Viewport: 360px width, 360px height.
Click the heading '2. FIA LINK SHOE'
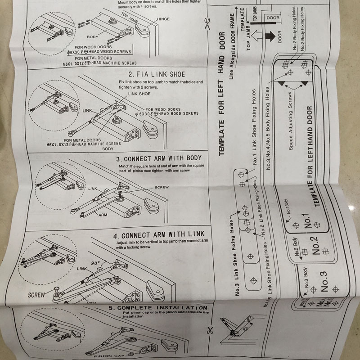[x=157, y=74]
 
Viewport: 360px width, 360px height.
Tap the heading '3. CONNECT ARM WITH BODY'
[x=159, y=159]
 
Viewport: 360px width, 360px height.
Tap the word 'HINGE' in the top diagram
[x=164, y=20]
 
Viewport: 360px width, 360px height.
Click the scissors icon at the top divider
[x=207, y=22]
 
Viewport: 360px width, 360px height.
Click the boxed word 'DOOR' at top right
[x=273, y=18]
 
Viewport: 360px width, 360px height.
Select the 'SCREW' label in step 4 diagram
[x=36, y=296]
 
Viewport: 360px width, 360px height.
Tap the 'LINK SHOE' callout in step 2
[x=139, y=93]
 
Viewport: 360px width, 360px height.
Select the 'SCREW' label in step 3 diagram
[x=162, y=187]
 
